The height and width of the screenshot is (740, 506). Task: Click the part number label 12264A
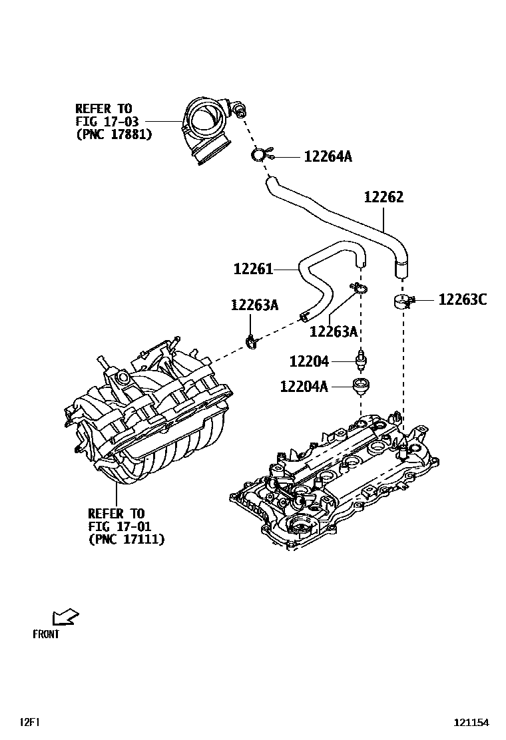[328, 157]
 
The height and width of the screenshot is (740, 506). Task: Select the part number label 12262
[383, 198]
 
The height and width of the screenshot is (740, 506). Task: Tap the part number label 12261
[253, 269]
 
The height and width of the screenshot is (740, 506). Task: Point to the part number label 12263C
[462, 300]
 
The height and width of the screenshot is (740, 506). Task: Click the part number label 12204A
[304, 386]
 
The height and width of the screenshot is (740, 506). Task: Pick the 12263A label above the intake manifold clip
[254, 305]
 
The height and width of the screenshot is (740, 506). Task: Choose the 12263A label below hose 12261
[334, 331]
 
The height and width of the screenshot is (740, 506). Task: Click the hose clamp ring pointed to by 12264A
[258, 156]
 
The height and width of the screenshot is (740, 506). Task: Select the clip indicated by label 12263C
[403, 301]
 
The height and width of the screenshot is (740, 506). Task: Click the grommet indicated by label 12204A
[362, 385]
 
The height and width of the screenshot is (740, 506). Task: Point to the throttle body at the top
[208, 128]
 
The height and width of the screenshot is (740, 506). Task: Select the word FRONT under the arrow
[46, 634]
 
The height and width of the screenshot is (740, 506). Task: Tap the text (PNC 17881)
[113, 134]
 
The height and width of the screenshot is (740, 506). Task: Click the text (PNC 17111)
[126, 539]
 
